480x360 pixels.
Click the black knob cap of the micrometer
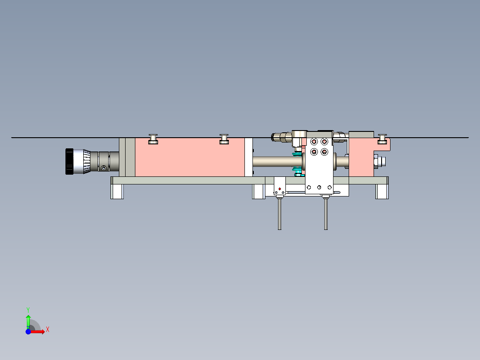(x=69, y=161)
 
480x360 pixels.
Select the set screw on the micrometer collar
(x=104, y=168)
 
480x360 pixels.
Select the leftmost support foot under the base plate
(x=117, y=192)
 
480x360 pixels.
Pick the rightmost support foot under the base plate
(x=382, y=192)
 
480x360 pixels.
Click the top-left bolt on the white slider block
(x=314, y=142)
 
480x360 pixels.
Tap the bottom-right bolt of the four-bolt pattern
(x=324, y=152)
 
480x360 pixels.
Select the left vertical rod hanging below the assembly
(x=280, y=214)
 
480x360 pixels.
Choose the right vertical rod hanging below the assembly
(x=326, y=214)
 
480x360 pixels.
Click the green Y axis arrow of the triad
(x=28, y=319)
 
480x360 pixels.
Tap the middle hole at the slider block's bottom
(x=319, y=188)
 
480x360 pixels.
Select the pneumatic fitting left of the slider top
(x=280, y=136)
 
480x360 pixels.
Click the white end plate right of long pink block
(x=248, y=157)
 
